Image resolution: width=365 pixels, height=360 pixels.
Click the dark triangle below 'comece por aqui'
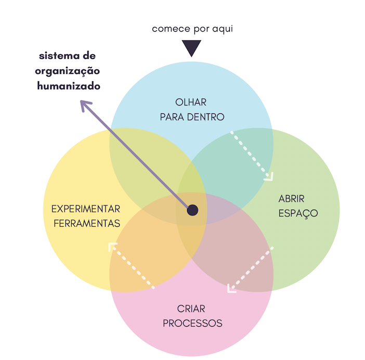point(192,48)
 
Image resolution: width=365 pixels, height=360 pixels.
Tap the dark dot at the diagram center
point(192,210)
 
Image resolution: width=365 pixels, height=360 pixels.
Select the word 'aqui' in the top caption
point(222,29)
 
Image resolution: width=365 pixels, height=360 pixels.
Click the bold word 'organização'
point(68,71)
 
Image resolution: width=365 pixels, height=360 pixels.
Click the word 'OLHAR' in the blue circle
point(191,102)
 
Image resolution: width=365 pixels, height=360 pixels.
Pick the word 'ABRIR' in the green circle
point(291,199)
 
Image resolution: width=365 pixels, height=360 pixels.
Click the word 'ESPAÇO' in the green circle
point(298,213)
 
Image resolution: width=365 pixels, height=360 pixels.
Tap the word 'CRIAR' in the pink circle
point(192,309)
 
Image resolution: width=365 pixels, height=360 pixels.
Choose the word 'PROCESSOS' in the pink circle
point(192,324)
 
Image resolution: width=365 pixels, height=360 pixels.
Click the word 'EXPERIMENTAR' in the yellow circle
point(86,209)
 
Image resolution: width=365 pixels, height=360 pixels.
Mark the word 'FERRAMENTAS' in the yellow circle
point(86,224)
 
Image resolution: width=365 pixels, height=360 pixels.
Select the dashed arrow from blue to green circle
point(252,155)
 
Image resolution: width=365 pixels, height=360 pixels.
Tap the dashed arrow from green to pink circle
point(250,270)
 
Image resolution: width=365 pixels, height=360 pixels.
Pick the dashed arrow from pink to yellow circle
point(131,265)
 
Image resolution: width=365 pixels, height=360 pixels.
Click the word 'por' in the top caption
point(201,29)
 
